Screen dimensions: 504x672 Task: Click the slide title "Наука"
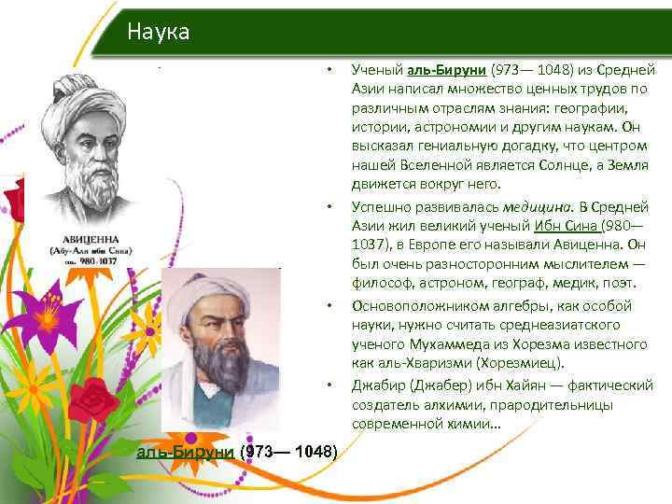tap(159, 33)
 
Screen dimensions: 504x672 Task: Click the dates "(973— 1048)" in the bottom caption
tap(288, 452)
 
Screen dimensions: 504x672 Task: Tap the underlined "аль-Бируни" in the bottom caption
tap(186, 452)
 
